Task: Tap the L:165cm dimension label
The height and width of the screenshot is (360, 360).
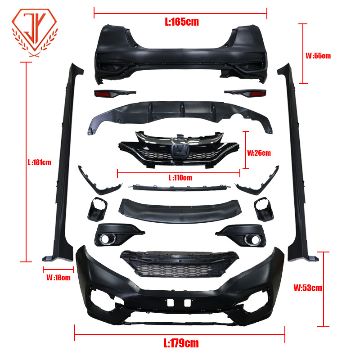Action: [181, 21]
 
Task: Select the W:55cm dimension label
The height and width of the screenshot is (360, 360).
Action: [318, 56]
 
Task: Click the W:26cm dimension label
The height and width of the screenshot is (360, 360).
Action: [259, 153]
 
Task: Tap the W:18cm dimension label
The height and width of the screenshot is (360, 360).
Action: [58, 278]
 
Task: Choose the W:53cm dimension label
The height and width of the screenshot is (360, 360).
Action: [308, 288]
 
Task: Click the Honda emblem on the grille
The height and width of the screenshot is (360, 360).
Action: [180, 151]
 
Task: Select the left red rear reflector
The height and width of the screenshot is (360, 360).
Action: [103, 94]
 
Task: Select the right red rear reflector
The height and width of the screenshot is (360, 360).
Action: [257, 94]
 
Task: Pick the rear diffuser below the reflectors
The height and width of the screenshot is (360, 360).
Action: [180, 112]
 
